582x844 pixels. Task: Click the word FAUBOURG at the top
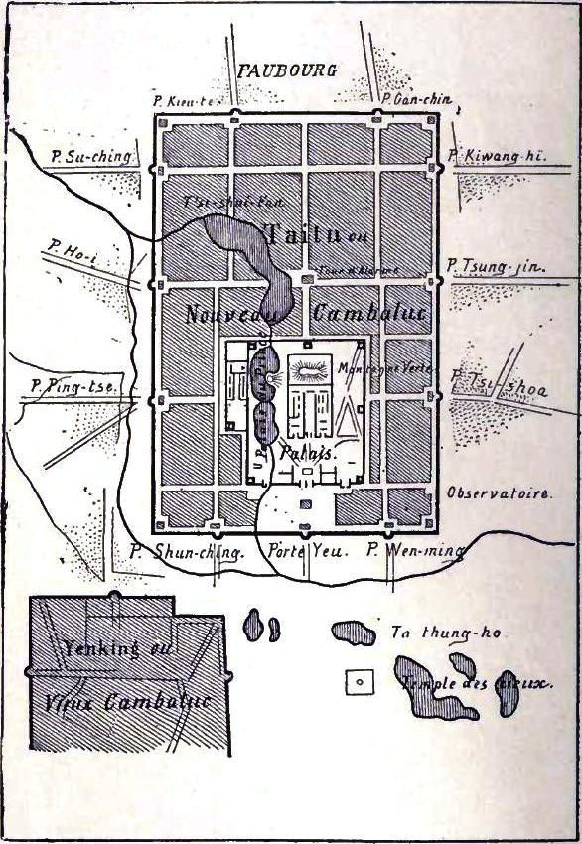pyautogui.click(x=287, y=70)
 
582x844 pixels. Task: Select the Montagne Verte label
pyautogui.click(x=373, y=367)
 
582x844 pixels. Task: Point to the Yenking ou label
pyautogui.click(x=105, y=652)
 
